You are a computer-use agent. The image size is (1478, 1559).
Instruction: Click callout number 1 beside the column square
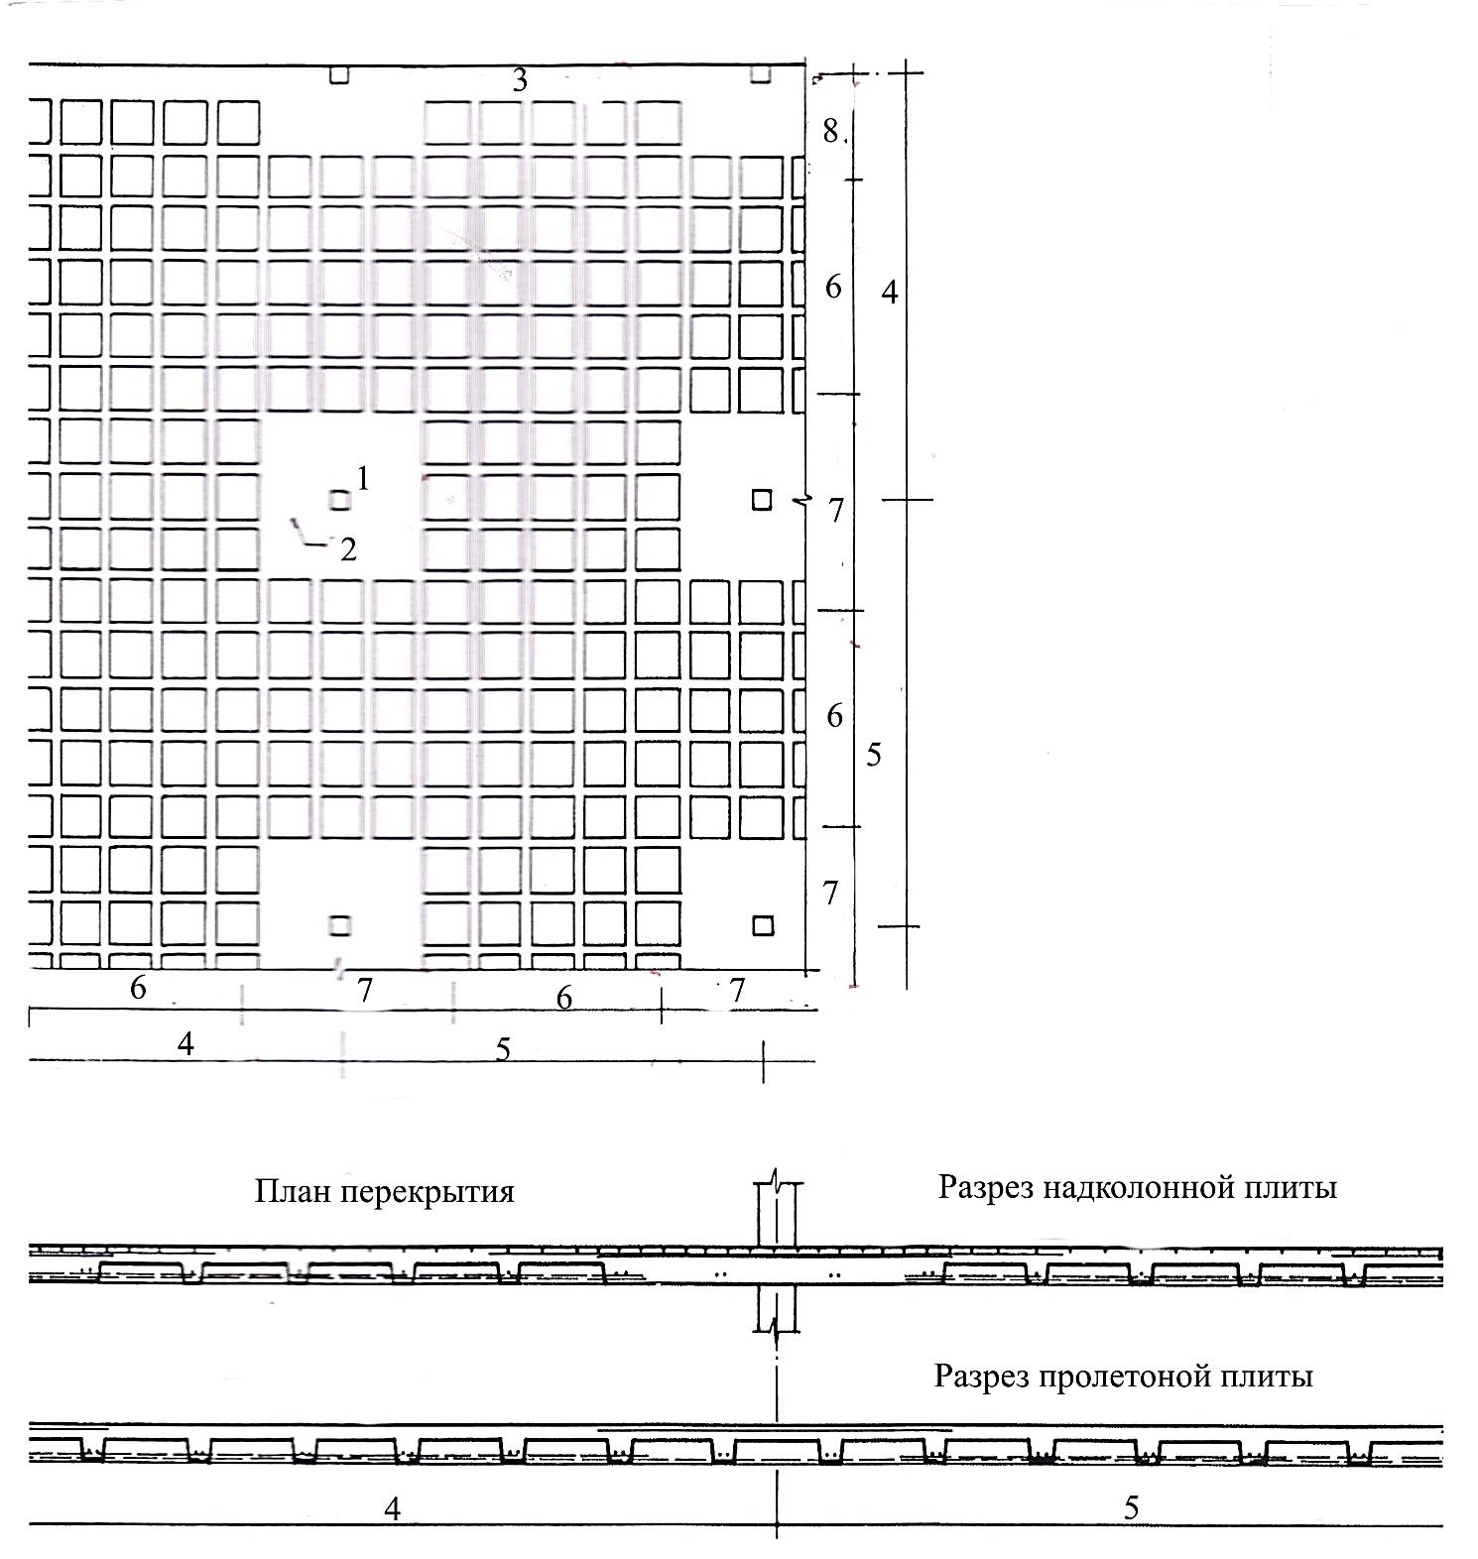363,479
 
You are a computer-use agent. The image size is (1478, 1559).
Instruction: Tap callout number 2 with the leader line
348,549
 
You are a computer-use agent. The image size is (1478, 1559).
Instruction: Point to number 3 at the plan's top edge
520,80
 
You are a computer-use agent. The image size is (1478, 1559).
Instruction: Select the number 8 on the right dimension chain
831,130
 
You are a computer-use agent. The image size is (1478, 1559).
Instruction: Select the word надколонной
1129,1186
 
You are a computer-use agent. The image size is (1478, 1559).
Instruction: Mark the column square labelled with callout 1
339,500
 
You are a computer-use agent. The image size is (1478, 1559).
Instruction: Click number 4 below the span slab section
393,1508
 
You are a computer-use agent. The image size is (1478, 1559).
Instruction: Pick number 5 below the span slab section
1132,1508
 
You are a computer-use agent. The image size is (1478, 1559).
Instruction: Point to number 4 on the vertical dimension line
890,292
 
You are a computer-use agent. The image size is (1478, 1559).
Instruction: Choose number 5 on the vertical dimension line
873,756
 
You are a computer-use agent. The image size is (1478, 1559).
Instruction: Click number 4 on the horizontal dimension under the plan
185,1044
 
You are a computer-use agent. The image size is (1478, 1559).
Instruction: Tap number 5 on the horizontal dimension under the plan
503,1049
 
